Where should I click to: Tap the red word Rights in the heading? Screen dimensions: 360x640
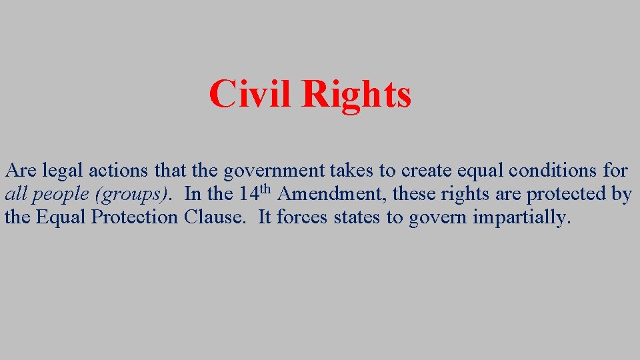[356, 95]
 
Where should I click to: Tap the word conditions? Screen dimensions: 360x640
[553, 171]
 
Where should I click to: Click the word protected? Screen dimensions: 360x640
[569, 194]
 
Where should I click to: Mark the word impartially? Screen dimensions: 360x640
[522, 218]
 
